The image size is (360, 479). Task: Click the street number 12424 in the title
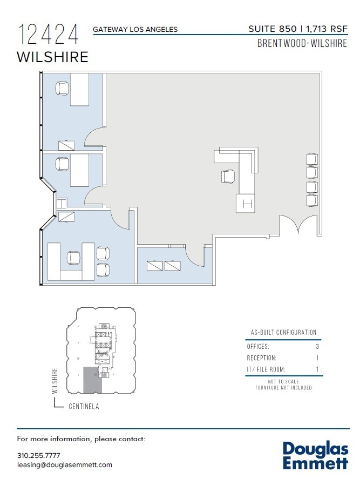pyautogui.click(x=48, y=35)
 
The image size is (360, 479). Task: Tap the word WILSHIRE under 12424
pyautogui.click(x=52, y=57)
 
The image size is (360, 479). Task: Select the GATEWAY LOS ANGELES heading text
pyautogui.click(x=135, y=30)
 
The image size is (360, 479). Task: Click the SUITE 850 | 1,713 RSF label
pyautogui.click(x=297, y=29)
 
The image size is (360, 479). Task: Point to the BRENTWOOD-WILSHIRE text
pyautogui.click(x=302, y=44)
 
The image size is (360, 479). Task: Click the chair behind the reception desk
pyautogui.click(x=228, y=176)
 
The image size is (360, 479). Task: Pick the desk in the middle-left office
pyautogui.click(x=79, y=170)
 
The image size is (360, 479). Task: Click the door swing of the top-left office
pyautogui.click(x=94, y=138)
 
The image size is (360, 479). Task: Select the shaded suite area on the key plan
pyautogui.click(x=92, y=380)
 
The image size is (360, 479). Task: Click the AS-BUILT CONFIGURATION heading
pyautogui.click(x=283, y=333)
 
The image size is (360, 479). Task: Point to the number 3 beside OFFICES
pyautogui.click(x=317, y=347)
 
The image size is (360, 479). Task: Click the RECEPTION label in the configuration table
pyautogui.click(x=261, y=358)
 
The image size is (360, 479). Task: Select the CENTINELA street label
pyautogui.click(x=84, y=407)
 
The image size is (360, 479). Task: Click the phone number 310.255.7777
pyautogui.click(x=39, y=455)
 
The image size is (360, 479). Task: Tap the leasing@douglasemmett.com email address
pyautogui.click(x=65, y=464)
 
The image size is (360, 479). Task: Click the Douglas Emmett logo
pyautogui.click(x=315, y=455)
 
